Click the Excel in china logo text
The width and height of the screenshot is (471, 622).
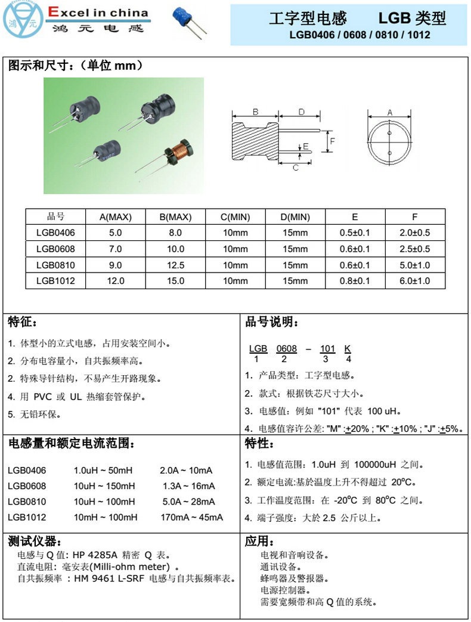pyautogui.click(x=98, y=13)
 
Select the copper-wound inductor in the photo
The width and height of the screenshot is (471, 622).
pyautogui.click(x=178, y=153)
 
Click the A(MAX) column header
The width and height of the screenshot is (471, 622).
pyautogui.click(x=116, y=216)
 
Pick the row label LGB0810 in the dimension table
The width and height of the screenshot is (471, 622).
pyautogui.click(x=55, y=265)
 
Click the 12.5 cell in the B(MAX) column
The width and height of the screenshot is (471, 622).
pyautogui.click(x=175, y=265)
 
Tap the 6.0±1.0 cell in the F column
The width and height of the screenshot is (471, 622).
pyautogui.click(x=414, y=281)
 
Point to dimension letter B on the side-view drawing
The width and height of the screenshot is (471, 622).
pyautogui.click(x=255, y=112)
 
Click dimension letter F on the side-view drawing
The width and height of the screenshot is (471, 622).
pyautogui.click(x=333, y=141)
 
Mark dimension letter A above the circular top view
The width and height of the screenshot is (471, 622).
pyautogui.click(x=390, y=112)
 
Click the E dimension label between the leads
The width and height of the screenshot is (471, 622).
pyautogui.click(x=306, y=146)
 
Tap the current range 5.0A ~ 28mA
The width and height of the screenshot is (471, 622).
pyautogui.click(x=188, y=502)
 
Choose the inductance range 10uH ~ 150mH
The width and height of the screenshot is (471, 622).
pyautogui.click(x=104, y=486)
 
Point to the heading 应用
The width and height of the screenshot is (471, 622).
pyautogui.click(x=259, y=541)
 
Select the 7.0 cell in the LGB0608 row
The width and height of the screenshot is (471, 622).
pyautogui.click(x=116, y=249)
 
